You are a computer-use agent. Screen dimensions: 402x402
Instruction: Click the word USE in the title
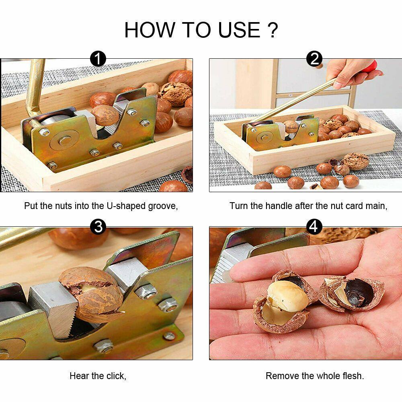tap(239, 30)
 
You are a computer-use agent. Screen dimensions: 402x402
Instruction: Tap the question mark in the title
tap(273, 30)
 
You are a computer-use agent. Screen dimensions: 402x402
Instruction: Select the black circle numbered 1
tap(98, 59)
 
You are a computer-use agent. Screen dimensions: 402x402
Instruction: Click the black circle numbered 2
tap(314, 59)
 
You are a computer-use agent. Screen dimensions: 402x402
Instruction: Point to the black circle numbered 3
tap(98, 227)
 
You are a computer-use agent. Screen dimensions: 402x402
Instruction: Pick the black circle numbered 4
tap(314, 227)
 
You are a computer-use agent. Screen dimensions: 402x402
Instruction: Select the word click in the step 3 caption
tap(116, 376)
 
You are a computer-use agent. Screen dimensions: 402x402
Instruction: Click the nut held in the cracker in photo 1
tap(105, 115)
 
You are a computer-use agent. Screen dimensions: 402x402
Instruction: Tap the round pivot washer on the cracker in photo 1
tap(64, 140)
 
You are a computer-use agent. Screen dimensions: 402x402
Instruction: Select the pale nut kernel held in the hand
tap(288, 296)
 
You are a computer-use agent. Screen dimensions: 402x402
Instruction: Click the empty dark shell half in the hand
tap(352, 293)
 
